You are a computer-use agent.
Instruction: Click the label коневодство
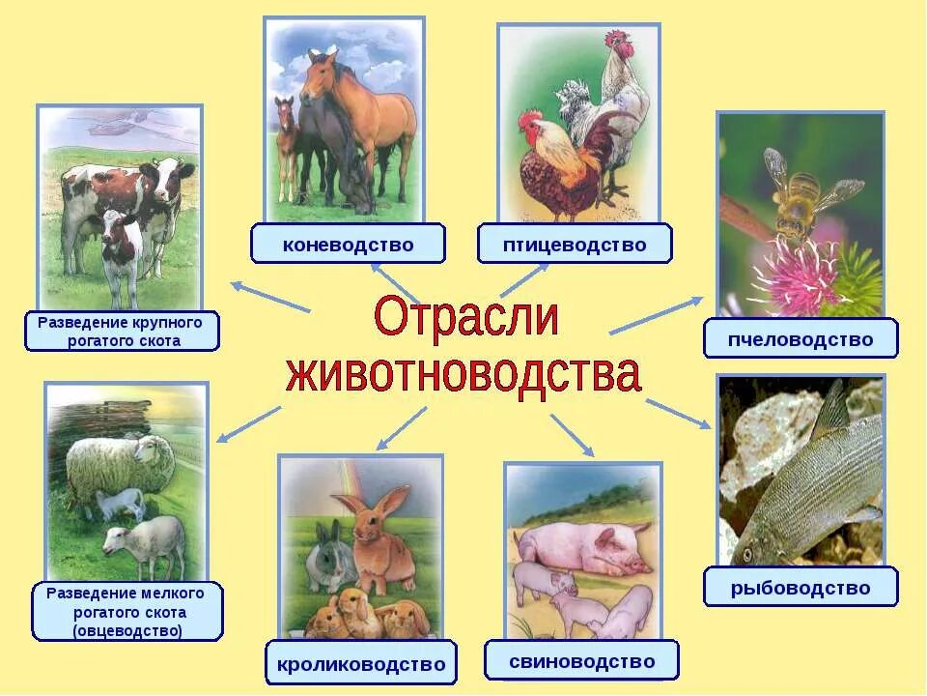click(348, 245)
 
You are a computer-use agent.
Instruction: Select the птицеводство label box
click(575, 245)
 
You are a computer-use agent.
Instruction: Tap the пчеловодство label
click(800, 339)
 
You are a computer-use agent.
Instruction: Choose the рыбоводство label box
click(800, 588)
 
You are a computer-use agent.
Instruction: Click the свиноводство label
click(581, 661)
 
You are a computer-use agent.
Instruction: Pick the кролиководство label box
click(360, 664)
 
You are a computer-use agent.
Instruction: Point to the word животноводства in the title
click(463, 373)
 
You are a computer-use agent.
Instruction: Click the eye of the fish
click(746, 555)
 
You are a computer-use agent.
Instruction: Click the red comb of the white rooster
click(616, 42)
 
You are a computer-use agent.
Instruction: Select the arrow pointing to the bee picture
click(656, 315)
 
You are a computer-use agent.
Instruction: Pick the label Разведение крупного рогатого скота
click(123, 331)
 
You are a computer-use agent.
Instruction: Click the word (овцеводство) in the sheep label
click(127, 631)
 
